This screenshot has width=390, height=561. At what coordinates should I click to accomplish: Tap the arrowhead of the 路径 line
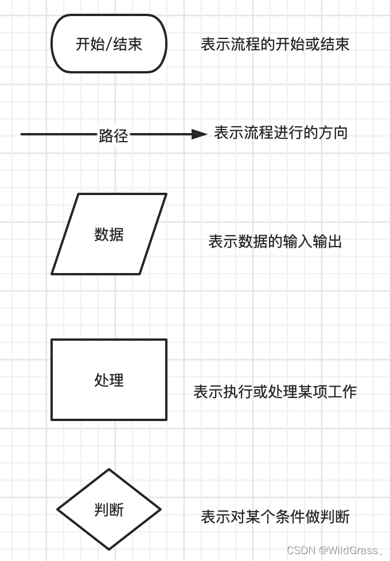pos(199,134)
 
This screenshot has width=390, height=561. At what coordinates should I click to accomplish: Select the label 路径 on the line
pos(113,135)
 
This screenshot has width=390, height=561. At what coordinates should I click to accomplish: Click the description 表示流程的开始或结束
pos(275,45)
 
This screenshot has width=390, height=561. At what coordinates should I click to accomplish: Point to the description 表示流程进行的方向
pos(281,133)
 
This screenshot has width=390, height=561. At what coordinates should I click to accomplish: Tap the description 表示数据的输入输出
pos(275,241)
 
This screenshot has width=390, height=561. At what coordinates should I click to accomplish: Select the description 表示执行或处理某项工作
pos(275,392)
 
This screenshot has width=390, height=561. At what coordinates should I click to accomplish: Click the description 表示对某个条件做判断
pos(275,517)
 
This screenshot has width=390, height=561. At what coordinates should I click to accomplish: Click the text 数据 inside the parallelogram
pos(109,235)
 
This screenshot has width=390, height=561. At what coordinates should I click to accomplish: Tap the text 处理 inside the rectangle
pos(109,380)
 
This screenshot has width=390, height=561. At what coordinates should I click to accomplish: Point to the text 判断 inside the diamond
pos(109,509)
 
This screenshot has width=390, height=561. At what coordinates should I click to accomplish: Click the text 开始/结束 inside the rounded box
pos(109,44)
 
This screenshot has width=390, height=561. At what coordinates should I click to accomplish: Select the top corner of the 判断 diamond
pos(109,470)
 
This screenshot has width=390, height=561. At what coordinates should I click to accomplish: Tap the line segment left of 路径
pos(57,134)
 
